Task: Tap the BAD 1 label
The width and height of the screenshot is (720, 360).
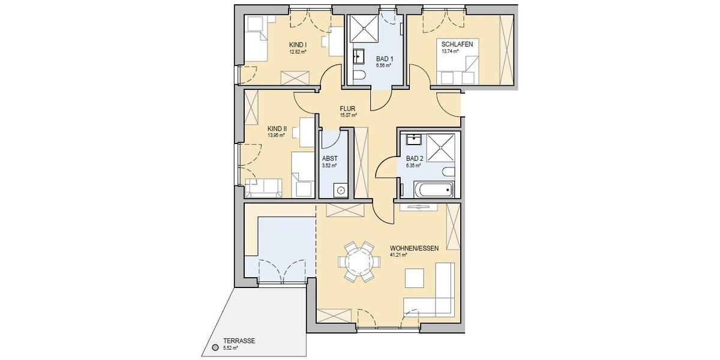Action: click(385, 58)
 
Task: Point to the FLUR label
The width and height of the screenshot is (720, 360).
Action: click(348, 109)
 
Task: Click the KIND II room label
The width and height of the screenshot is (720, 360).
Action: click(277, 128)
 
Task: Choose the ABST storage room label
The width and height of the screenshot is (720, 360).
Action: click(329, 158)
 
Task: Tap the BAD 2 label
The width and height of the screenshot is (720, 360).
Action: click(415, 158)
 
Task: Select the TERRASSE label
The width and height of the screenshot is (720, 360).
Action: click(240, 340)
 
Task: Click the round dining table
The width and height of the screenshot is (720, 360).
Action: click(358, 262)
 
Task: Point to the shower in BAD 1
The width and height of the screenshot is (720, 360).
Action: click(365, 27)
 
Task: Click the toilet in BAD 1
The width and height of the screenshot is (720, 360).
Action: click(359, 76)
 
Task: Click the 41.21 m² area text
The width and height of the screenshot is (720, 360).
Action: click(398, 254)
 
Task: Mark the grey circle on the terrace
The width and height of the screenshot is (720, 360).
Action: click(215, 347)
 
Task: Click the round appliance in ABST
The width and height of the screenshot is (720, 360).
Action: click(340, 190)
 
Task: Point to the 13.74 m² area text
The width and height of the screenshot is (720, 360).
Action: click(450, 52)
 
